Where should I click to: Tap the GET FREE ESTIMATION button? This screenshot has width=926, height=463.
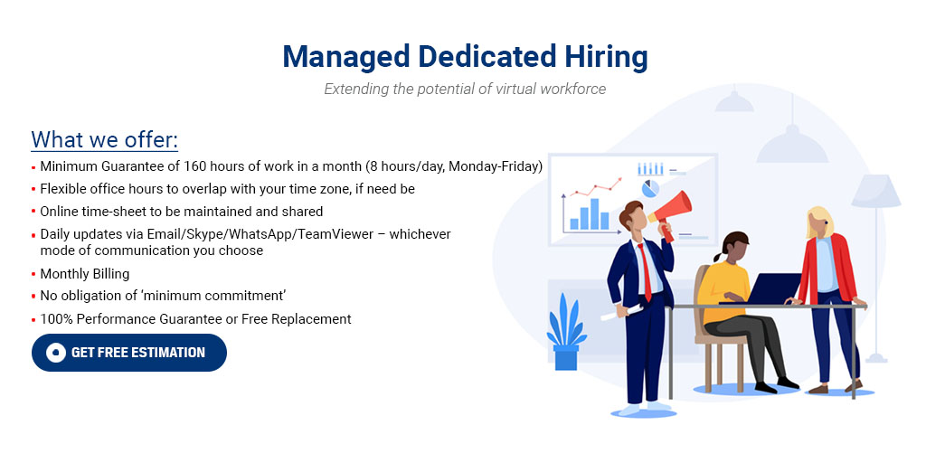[x=129, y=353]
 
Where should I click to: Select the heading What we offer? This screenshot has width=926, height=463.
[x=105, y=140]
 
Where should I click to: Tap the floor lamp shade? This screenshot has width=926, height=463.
[x=876, y=191]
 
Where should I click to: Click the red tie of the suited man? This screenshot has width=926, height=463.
[x=645, y=270]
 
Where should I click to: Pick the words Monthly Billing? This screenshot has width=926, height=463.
[x=85, y=274]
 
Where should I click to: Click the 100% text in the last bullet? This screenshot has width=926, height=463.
[x=56, y=319]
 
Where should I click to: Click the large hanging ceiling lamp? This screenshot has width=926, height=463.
[x=792, y=145]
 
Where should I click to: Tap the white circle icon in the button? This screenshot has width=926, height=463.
[x=55, y=353]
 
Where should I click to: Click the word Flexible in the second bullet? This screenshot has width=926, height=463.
[x=65, y=189]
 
